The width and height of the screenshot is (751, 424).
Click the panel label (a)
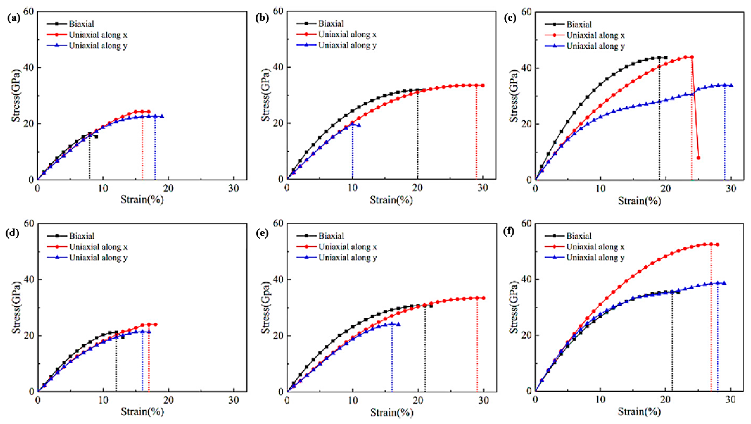click(x=14, y=18)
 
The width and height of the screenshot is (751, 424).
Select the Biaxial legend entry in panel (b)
click(x=331, y=24)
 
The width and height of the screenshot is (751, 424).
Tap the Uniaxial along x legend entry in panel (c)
click(x=595, y=35)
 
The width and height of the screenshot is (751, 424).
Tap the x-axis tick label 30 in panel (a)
click(x=233, y=188)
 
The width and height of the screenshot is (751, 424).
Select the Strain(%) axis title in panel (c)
click(x=639, y=201)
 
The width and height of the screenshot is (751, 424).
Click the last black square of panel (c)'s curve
click(x=665, y=58)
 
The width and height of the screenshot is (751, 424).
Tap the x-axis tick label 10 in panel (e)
click(x=353, y=400)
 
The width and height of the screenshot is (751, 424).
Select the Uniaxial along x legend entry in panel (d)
click(x=98, y=247)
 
